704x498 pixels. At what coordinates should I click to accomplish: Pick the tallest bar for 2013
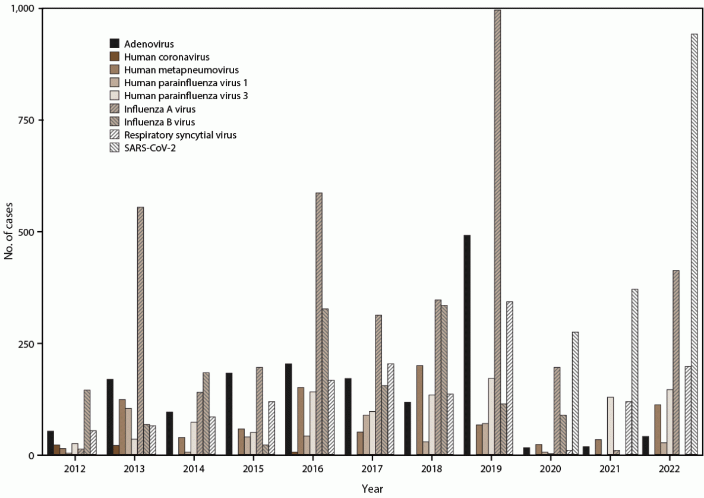[140, 333]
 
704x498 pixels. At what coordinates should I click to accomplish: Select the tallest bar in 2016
[318, 324]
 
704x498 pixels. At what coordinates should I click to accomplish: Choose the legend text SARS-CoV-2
[149, 149]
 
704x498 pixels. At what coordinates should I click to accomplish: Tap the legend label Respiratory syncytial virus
[180, 135]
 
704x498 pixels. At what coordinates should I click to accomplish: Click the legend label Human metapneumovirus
[169, 70]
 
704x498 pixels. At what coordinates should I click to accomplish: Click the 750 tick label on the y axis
[26, 120]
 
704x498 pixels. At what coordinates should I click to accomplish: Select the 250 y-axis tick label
[26, 343]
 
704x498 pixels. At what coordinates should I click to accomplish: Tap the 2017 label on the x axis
[372, 469]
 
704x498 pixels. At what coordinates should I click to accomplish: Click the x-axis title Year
[372, 489]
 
